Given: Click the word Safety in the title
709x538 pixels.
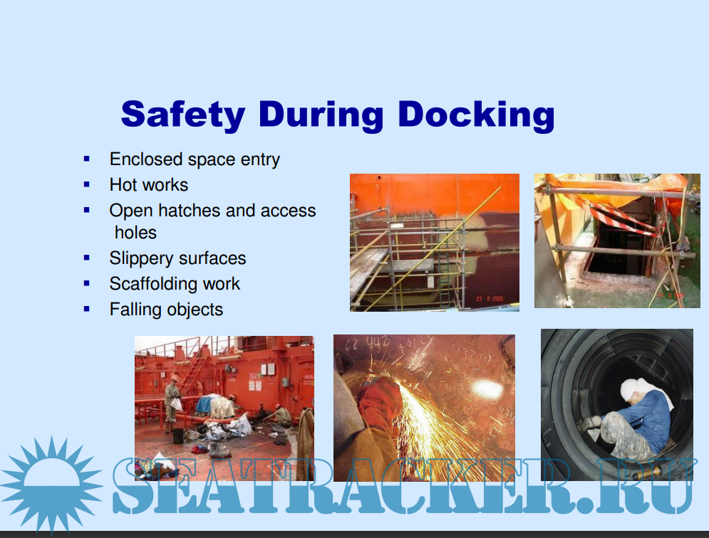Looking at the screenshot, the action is coord(183,115).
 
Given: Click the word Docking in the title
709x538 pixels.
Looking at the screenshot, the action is coord(476,115).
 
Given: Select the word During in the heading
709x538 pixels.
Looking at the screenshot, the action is coord(321,115).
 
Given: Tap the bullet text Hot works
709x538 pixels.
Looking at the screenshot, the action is coord(149,185).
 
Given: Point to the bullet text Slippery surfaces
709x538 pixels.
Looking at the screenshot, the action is coord(177,258).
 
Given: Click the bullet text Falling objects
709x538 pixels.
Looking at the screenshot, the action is coord(167,310).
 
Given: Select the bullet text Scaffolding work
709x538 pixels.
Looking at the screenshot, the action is coord(175,284).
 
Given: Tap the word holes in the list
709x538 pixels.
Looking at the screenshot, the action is coord(135,233).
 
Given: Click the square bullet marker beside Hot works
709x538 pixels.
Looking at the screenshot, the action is coord(87,185).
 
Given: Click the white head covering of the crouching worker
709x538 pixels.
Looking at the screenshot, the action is coord(636,389).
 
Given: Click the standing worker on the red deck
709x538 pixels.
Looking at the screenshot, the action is coord(172,404).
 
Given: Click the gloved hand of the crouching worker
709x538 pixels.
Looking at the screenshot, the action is coord(587,423).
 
